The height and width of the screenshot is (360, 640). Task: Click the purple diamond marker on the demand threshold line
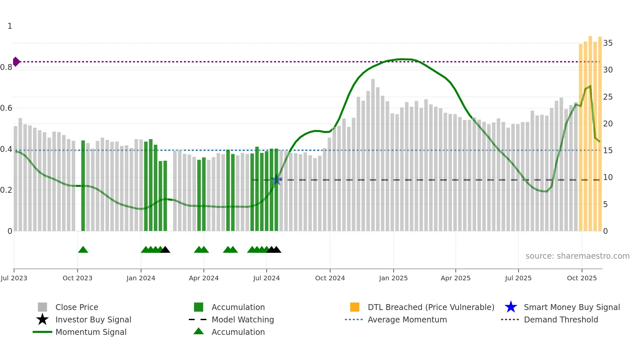[x=16, y=61]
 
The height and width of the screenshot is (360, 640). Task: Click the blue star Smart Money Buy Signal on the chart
[x=276, y=180]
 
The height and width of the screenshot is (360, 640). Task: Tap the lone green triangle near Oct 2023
[x=83, y=250]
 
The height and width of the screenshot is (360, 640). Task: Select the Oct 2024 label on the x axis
[x=330, y=278]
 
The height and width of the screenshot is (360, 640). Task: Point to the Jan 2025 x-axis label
[x=393, y=278]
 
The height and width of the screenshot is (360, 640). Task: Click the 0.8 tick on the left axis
[x=6, y=67]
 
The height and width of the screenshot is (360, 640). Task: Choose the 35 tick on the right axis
[x=608, y=43]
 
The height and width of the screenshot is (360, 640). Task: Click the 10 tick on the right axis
[x=608, y=177]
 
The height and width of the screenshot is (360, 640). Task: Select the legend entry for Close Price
[x=77, y=307]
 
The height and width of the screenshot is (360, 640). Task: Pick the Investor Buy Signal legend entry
[x=93, y=319]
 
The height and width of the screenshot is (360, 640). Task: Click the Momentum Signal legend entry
[x=91, y=332]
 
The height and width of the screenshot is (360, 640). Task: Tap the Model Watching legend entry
[x=243, y=319]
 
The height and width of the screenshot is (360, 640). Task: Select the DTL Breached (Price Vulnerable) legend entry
[x=431, y=307]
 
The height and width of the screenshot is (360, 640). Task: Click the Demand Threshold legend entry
[x=561, y=319]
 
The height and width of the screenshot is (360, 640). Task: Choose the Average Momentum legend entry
[x=407, y=319]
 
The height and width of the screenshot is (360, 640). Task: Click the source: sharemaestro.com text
[x=577, y=256]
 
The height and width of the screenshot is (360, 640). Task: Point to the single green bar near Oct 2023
[x=83, y=186]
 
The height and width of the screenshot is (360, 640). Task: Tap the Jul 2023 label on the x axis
[x=14, y=278]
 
